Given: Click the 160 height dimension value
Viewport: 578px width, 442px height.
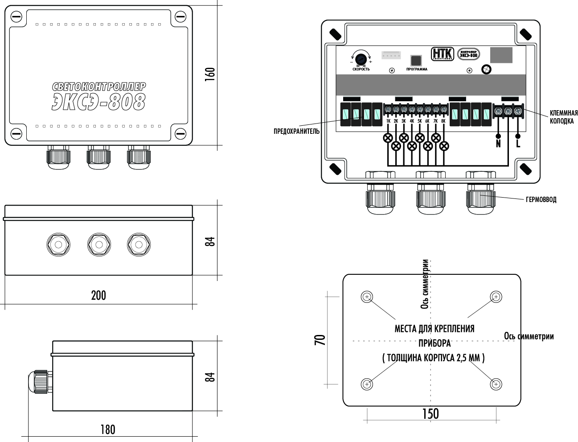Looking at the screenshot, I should (210, 74).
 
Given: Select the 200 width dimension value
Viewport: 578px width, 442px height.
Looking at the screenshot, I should (98, 295).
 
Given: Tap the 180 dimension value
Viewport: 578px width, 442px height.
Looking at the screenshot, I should (107, 430).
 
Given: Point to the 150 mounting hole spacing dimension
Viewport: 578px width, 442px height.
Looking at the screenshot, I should (430, 414).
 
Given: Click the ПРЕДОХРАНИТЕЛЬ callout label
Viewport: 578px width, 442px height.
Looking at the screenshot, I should (297, 132).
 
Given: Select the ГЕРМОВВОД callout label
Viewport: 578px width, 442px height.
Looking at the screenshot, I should (541, 200).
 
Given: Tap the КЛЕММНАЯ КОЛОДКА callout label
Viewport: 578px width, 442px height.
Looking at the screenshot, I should (564, 117).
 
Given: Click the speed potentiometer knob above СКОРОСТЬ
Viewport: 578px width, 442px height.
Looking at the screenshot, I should (361, 58).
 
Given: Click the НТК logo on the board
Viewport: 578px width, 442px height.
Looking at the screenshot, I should (442, 54).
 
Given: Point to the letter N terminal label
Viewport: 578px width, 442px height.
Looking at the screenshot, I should (498, 144).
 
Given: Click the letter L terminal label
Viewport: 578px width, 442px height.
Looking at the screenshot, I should (518, 144).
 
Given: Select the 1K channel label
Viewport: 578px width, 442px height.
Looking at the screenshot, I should (388, 121).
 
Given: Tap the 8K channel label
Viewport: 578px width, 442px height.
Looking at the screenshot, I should (443, 121).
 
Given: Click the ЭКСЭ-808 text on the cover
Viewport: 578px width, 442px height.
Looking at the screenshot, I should (98, 102).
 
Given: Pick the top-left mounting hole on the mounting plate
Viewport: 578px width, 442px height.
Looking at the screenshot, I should (366, 297).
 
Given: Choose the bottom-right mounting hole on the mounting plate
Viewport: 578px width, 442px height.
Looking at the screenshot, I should (496, 384).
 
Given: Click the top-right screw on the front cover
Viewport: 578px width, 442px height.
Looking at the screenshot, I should (180, 17).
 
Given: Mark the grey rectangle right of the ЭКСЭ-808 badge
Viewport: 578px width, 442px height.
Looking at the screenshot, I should (501, 55).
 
